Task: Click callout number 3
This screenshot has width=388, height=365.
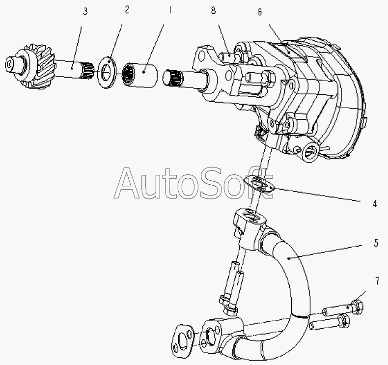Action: point(85,11)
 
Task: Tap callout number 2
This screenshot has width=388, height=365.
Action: point(127,10)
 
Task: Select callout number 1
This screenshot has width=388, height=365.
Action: point(170,10)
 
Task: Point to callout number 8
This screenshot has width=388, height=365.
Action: point(213,10)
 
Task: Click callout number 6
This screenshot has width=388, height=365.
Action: point(260,12)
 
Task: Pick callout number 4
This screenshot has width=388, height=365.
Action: point(375,204)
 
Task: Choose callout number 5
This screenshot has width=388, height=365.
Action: point(376,243)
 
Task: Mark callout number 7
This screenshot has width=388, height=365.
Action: point(377,281)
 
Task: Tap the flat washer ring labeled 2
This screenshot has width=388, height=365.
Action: point(107,72)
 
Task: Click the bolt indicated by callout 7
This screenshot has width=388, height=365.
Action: point(343,309)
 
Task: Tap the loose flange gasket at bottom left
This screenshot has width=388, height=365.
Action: point(183,340)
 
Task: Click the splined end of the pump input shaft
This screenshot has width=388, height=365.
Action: point(171,78)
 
